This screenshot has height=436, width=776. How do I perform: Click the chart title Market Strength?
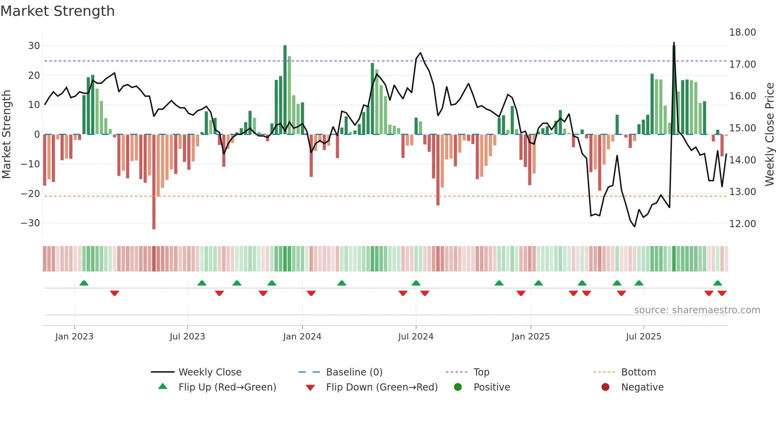[57, 11]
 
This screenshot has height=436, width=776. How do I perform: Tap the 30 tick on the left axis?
[34, 46]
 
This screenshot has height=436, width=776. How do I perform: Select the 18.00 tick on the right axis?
[742, 32]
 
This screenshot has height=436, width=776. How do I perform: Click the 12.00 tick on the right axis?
[742, 224]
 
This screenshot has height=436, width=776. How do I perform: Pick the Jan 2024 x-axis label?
[302, 337]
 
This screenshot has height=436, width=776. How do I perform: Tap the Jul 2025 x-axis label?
[643, 337]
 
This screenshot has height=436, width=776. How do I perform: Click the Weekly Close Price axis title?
[769, 135]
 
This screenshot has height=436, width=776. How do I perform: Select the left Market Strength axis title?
[6, 135]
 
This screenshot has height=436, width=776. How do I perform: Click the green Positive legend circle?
[458, 387]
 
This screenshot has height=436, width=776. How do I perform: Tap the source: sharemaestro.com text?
[697, 310]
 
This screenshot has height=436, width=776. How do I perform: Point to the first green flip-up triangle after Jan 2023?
[84, 283]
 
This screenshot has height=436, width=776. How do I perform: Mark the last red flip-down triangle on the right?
[722, 293]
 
